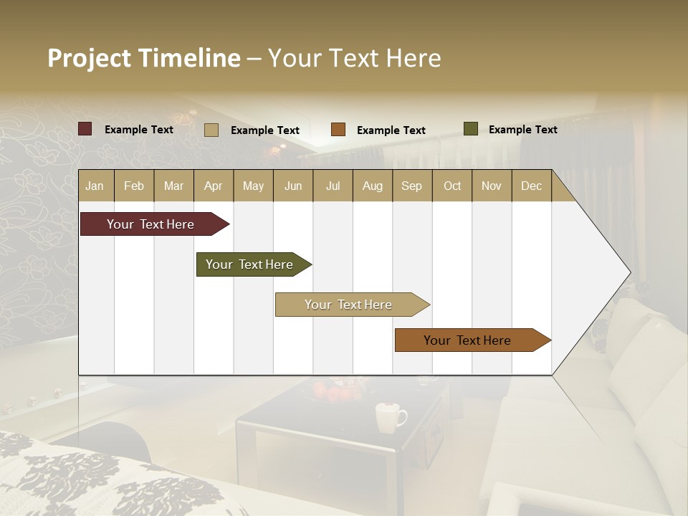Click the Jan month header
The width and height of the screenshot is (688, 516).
pyautogui.click(x=95, y=186)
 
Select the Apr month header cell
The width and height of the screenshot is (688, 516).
pyautogui.click(x=214, y=186)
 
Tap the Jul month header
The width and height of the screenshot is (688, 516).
pyautogui.click(x=333, y=186)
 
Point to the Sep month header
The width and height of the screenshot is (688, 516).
pyautogui.click(x=412, y=186)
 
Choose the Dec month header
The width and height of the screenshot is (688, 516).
pyautogui.click(x=531, y=186)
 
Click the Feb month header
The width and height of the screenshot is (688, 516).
pyautogui.click(x=134, y=186)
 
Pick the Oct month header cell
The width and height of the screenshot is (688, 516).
pyautogui.click(x=452, y=186)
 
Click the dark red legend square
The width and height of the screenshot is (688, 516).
pyautogui.click(x=85, y=129)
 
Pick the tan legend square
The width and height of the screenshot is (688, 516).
pyautogui.click(x=211, y=130)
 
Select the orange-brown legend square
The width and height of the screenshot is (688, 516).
pyautogui.click(x=338, y=130)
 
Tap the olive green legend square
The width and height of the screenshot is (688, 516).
pyautogui.click(x=471, y=129)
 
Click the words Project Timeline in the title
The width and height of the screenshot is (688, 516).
pyautogui.click(x=144, y=58)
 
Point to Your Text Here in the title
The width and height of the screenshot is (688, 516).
pyautogui.click(x=354, y=58)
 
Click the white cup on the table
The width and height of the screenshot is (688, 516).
pyautogui.click(x=390, y=417)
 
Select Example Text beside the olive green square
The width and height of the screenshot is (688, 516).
pyautogui.click(x=522, y=129)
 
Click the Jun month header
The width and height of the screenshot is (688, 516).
pyautogui.click(x=293, y=186)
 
